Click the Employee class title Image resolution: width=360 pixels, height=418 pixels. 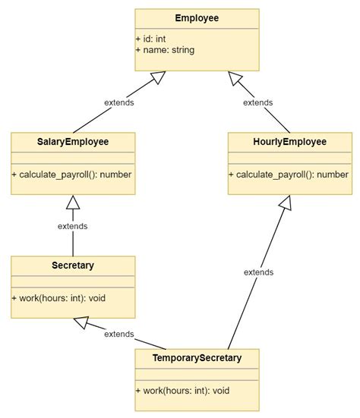[197, 18]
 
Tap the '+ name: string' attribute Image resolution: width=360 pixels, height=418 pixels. [165, 50]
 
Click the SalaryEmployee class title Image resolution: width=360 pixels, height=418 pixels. [73, 142]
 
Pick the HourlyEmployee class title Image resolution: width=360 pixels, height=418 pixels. [289, 142]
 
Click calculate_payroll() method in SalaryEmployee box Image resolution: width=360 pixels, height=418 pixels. [72, 174]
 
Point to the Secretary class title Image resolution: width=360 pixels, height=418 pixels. [73, 266]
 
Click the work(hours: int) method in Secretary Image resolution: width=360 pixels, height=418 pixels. [58, 298]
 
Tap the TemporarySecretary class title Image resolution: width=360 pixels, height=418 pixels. [197, 358]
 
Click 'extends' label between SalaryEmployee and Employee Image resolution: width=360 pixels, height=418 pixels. [119, 102]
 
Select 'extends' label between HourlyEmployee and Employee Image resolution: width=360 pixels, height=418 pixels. [257, 102]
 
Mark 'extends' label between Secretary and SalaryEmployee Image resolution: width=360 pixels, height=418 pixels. [73, 226]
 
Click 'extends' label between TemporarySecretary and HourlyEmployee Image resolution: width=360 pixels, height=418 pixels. [258, 272]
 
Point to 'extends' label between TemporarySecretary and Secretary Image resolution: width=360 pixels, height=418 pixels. [119, 334]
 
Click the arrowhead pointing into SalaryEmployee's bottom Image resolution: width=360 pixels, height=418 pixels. [73, 202]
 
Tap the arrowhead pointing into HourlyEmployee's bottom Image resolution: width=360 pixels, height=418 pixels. [285, 203]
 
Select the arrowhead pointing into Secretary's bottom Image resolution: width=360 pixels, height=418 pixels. [81, 323]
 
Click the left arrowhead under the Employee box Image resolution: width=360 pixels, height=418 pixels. [157, 77]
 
